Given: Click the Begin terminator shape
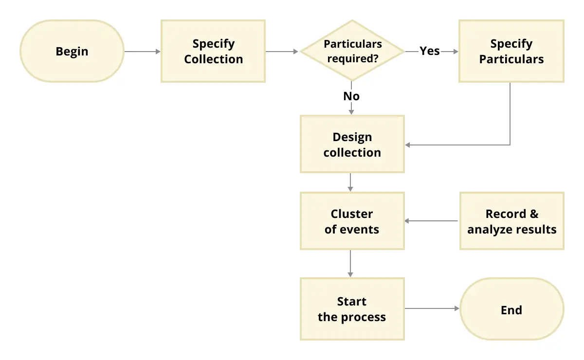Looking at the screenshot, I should tap(72, 51).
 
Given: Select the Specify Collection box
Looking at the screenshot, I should tap(213, 51).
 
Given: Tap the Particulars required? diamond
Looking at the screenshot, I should tap(352, 51).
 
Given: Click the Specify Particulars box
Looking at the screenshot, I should tap(511, 51).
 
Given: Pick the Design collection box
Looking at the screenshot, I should tap(352, 144).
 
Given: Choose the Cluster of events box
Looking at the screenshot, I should tap(352, 221).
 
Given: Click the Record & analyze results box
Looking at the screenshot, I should tap(512, 221).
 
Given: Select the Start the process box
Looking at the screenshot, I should tap(352, 309).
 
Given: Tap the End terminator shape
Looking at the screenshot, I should tap(512, 310).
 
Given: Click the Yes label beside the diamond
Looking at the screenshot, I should tap(430, 51).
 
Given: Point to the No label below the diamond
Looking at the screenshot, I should tap(351, 96).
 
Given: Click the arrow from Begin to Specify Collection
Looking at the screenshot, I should tap(142, 51).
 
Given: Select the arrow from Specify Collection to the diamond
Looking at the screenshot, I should tap(282, 51).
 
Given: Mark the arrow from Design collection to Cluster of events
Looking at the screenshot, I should tap(351, 182).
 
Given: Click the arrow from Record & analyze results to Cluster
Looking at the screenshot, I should tap(432, 221).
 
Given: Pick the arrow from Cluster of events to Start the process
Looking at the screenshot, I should tap(351, 264).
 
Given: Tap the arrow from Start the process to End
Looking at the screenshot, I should tap(432, 308).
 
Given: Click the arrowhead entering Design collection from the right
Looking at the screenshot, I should tap(408, 145).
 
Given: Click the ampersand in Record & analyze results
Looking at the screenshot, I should tap(534, 215).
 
